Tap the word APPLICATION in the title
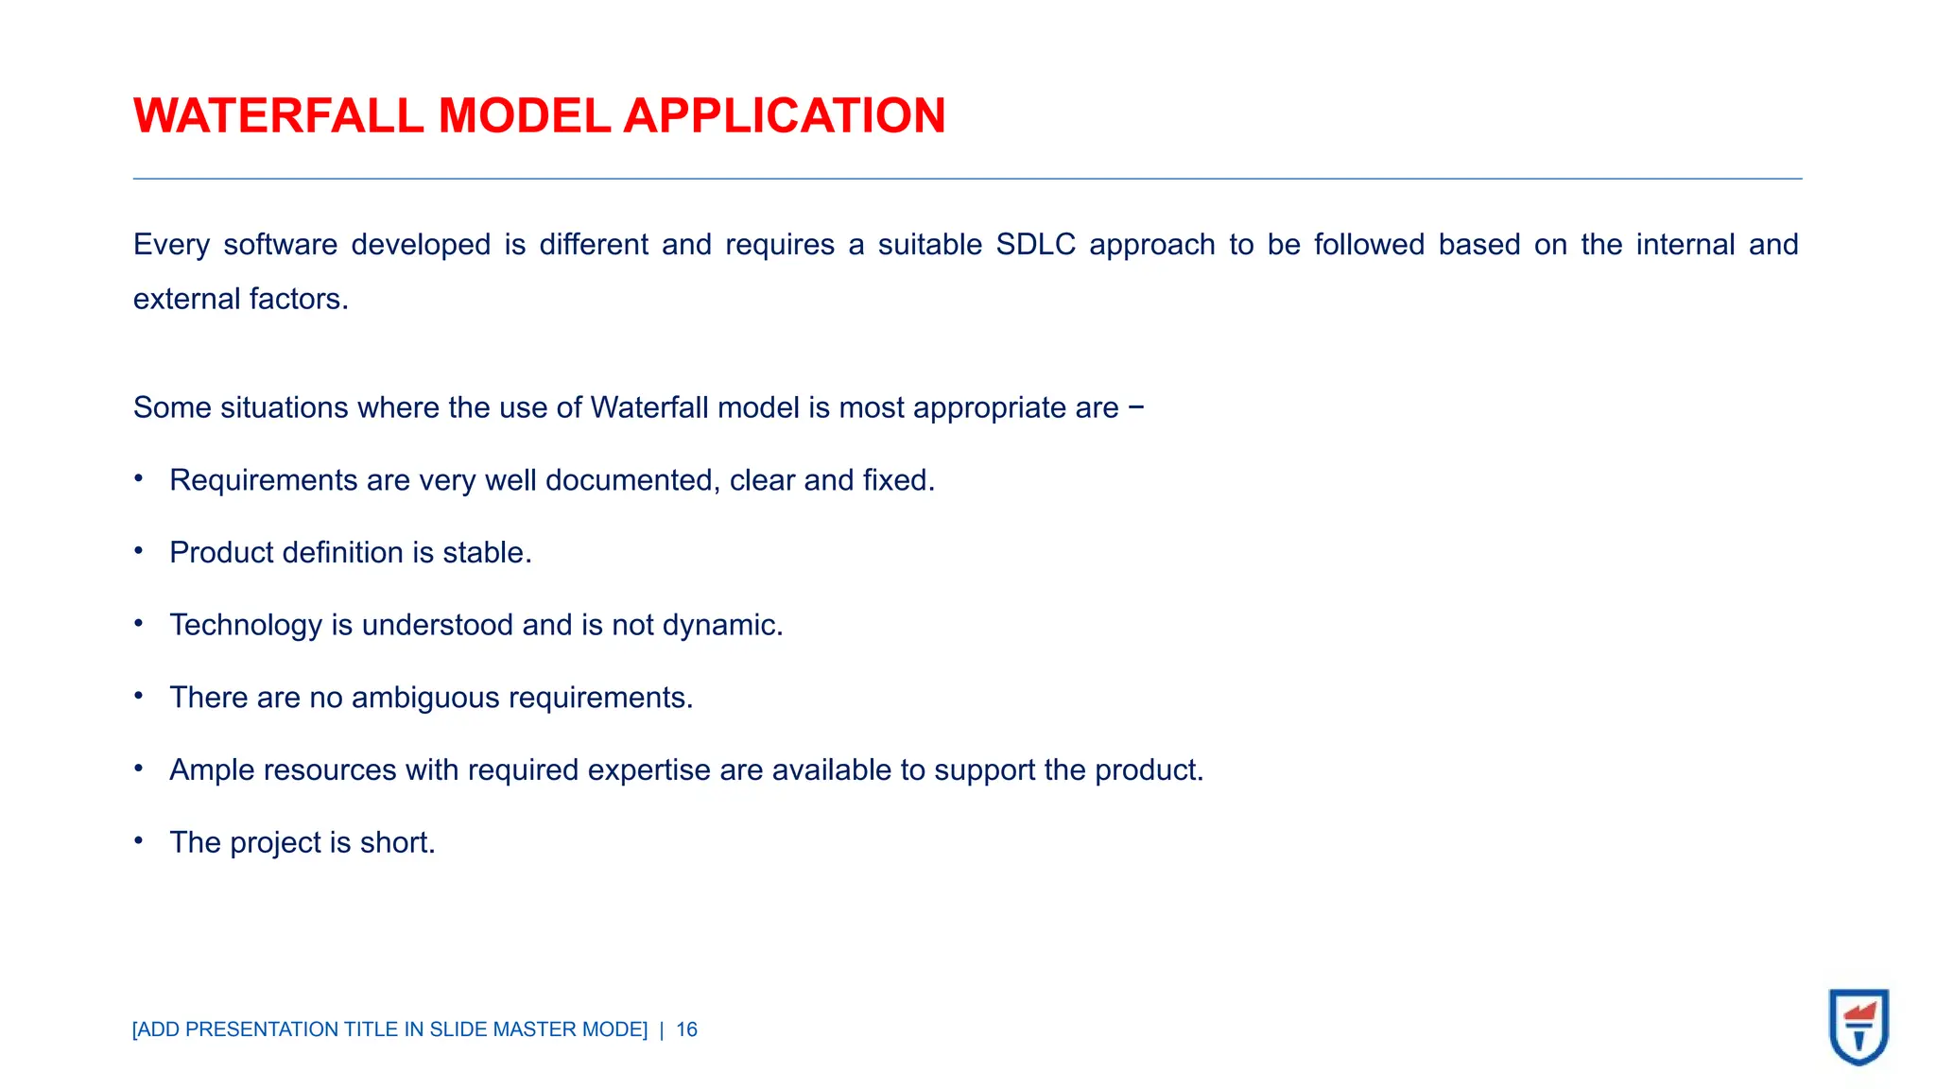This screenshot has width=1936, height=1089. pyautogui.click(x=784, y=116)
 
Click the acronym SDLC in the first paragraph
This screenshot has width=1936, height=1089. pyautogui.click(x=1035, y=245)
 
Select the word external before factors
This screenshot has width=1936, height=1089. pyautogui.click(x=187, y=299)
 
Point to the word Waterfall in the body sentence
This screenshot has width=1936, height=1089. pyautogui.click(x=649, y=407)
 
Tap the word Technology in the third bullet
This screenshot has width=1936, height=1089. pyautogui.click(x=246, y=625)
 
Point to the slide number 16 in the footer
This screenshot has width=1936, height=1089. pyautogui.click(x=686, y=1029)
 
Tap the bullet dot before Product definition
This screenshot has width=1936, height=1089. pyautogui.click(x=139, y=550)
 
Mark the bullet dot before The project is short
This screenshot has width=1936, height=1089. pyautogui.click(x=139, y=839)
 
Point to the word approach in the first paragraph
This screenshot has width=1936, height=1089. pyautogui.click(x=1151, y=245)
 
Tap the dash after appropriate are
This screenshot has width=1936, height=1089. pyautogui.click(x=1136, y=407)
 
